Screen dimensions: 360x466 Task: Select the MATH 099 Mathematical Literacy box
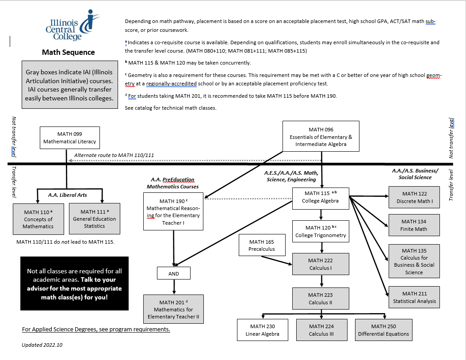70,138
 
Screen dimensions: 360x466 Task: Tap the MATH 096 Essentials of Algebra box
321,137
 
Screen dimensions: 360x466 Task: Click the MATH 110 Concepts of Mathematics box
38,219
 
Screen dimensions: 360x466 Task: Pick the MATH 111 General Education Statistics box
95,218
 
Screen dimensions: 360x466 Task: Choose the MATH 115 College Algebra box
321,197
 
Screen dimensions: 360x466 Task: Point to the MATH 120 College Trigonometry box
321,231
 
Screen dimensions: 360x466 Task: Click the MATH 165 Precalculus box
262,245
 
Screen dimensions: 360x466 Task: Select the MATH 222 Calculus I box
321,264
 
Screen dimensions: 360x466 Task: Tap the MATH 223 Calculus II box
321,299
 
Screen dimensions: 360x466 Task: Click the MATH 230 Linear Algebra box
263,330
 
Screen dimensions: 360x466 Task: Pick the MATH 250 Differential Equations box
383,330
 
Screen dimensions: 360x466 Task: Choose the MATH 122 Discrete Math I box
414,197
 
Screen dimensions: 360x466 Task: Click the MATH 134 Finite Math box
414,225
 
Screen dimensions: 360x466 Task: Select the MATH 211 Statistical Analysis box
414,297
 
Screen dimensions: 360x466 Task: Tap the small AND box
174,273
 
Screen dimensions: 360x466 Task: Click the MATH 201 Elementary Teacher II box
174,309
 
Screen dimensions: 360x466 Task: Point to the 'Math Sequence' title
68,52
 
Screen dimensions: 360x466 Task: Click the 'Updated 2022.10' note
42,345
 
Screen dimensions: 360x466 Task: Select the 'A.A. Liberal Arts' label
67,195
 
